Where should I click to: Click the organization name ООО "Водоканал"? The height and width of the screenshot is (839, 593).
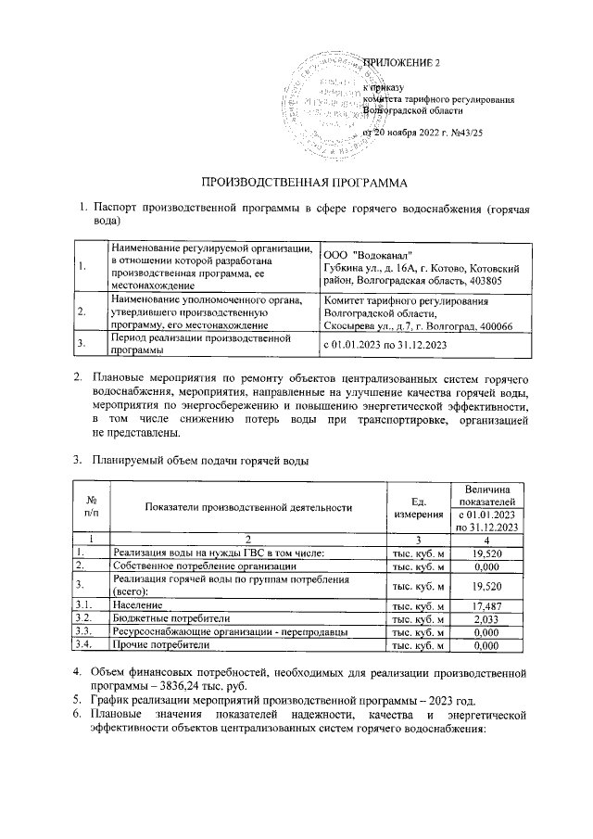point(367,255)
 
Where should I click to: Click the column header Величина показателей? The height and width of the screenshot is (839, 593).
point(490,494)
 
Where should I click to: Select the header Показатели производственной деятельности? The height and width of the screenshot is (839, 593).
point(248,507)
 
